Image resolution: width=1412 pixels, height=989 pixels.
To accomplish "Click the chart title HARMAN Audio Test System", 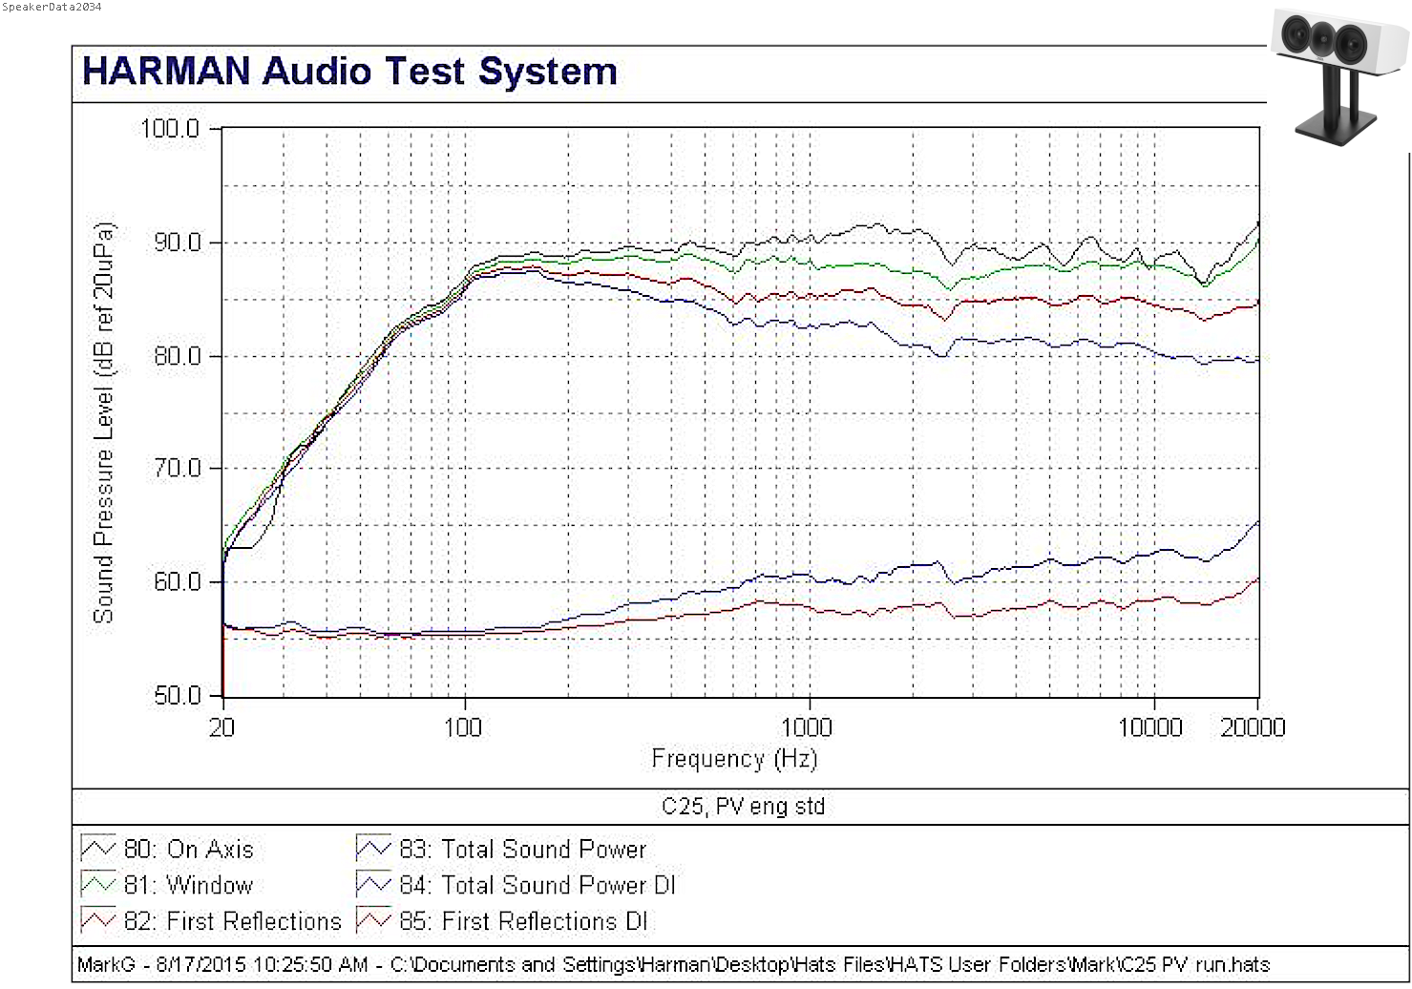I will pos(349,72).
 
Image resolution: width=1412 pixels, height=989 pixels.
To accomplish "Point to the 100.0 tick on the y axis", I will pos(170,129).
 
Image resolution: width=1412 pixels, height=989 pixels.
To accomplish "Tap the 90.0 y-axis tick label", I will pos(177,242).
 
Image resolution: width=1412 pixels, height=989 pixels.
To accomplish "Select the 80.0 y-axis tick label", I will pos(177,356).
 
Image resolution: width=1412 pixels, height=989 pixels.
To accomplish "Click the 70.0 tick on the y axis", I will pos(177,469).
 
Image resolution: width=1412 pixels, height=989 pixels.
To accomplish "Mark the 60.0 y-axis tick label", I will pos(177,582).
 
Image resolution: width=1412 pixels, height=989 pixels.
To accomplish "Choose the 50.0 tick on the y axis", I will pos(177,696).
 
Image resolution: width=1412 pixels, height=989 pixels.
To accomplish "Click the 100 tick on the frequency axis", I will pos(463,728).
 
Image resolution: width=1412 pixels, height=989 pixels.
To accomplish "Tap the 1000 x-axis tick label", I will pos(807,728).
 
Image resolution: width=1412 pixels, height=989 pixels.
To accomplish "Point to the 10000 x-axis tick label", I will pos(1150,728).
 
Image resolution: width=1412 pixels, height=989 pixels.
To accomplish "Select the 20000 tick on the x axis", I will pos(1253,728).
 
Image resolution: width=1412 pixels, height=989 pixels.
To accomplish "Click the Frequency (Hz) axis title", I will pos(734,759).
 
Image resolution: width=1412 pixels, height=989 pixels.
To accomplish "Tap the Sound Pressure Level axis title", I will pos(103,423).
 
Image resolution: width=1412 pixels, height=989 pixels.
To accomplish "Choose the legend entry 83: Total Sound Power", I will pos(522,850).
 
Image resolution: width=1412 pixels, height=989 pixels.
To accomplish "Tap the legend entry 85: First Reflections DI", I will pos(522,922).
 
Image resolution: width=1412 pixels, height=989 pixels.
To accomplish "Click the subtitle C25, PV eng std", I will pos(743,807).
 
